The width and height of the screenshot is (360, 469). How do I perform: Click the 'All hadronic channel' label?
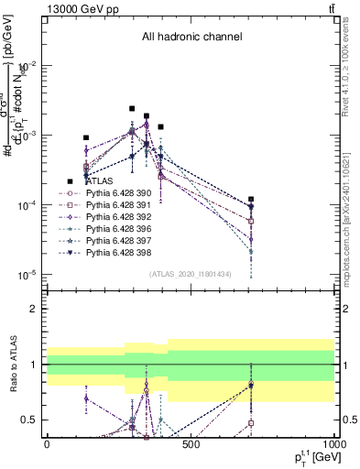191,38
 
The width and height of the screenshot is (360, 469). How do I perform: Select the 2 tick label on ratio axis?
33,309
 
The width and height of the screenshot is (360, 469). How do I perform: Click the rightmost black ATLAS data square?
250,199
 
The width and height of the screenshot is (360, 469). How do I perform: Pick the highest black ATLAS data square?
132,108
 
